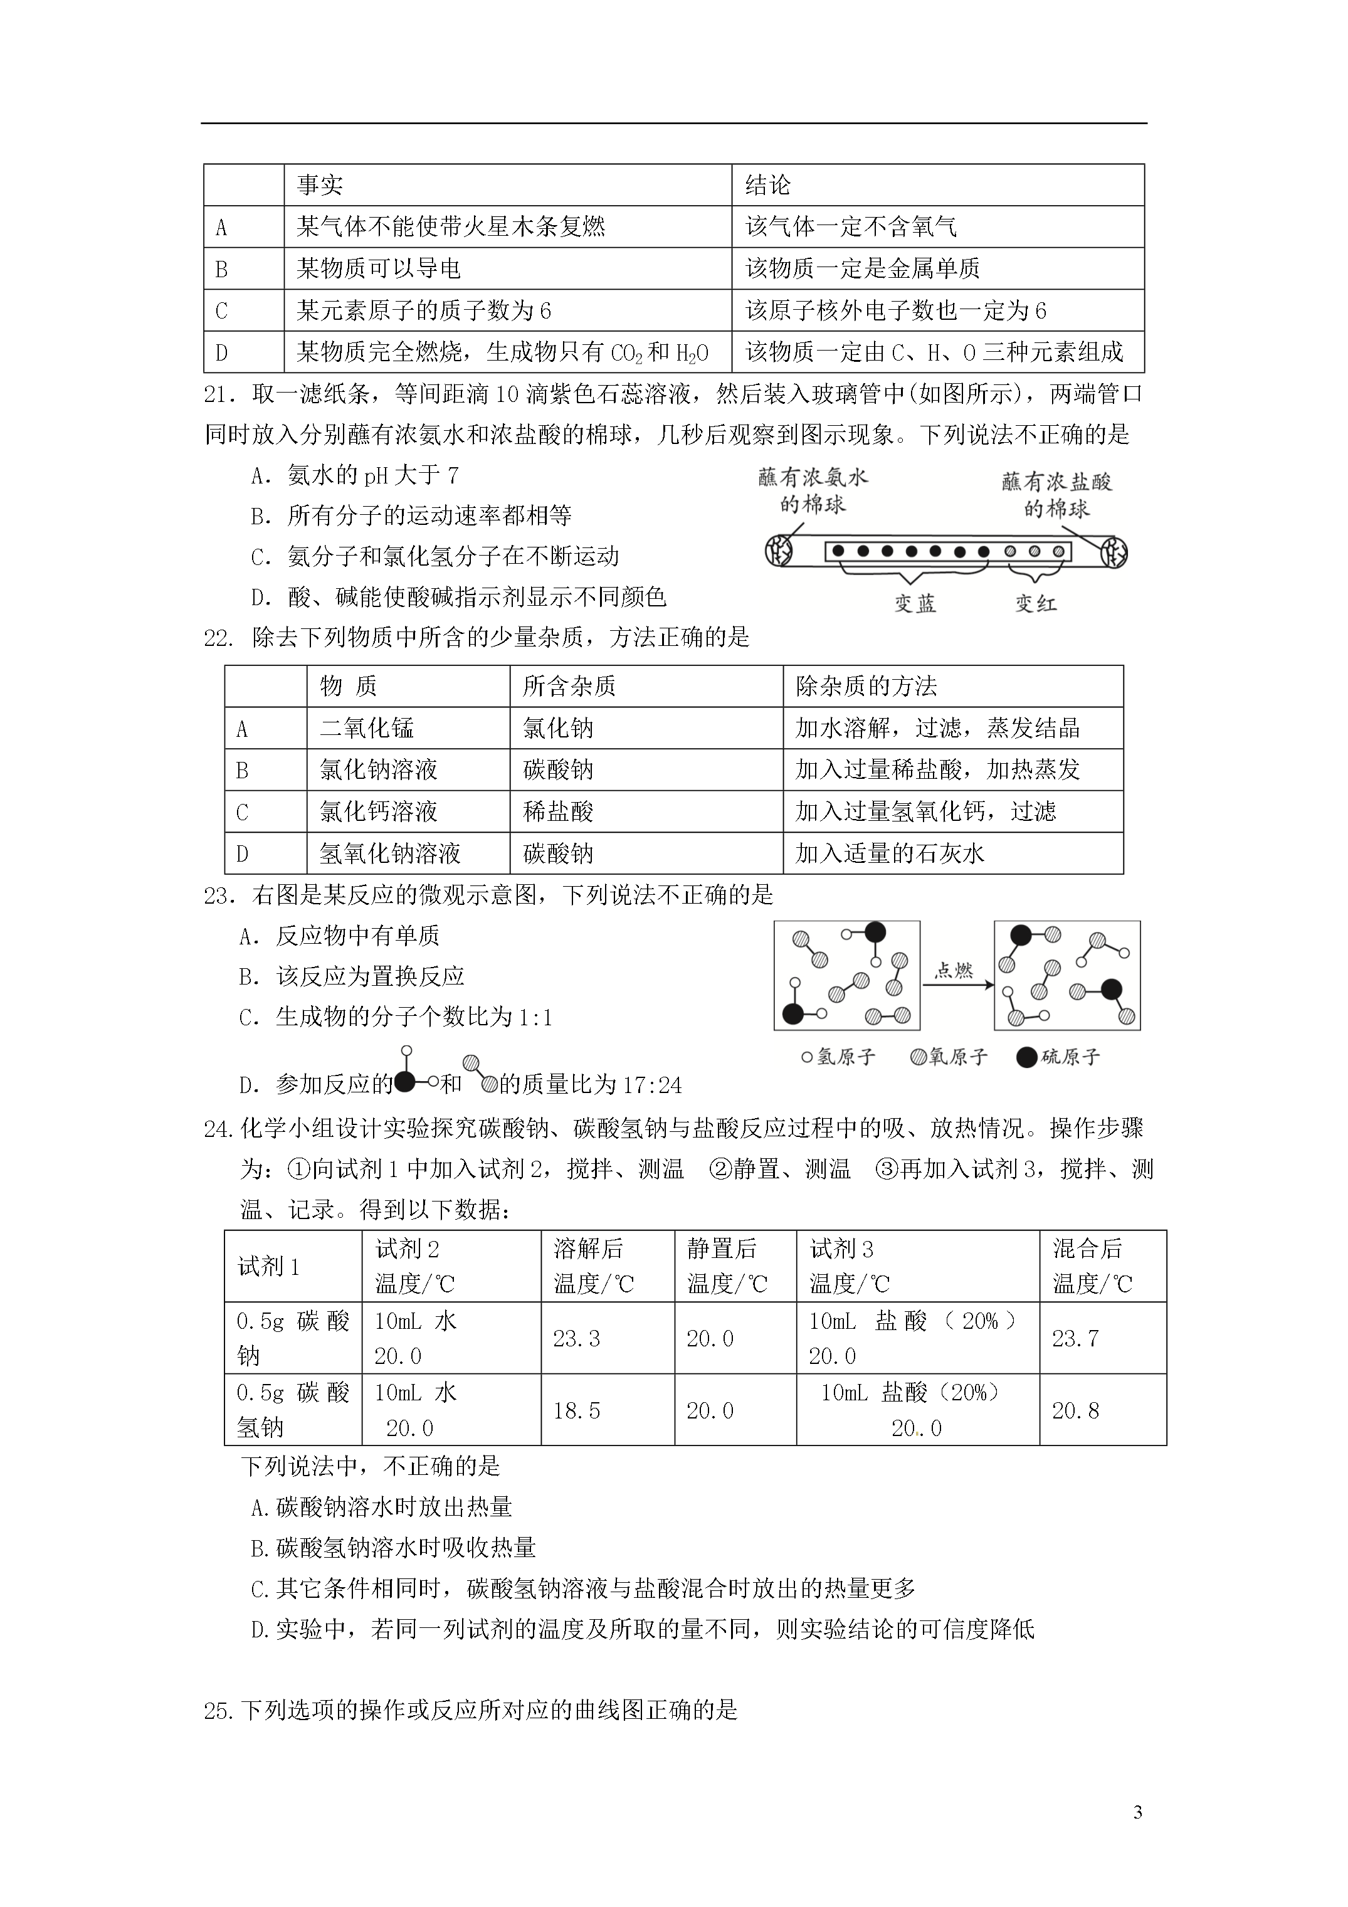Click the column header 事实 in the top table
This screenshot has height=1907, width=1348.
[x=320, y=185]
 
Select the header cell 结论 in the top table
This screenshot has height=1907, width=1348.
[x=767, y=185]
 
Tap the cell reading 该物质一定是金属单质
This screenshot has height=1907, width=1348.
[x=862, y=268]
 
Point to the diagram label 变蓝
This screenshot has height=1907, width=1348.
[x=915, y=604]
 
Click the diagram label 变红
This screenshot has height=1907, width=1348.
[x=1035, y=604]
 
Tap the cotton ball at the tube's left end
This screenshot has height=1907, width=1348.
[x=782, y=551]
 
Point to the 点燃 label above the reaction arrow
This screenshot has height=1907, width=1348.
[x=954, y=970]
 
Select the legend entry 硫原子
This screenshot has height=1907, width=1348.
[x=1059, y=1057]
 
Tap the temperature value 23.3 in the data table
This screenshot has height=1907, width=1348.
[x=576, y=1339]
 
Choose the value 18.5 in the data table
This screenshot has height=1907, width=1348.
[x=576, y=1410]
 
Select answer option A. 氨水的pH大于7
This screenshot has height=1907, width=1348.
[x=355, y=476]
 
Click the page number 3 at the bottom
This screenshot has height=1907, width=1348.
[x=1137, y=1812]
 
